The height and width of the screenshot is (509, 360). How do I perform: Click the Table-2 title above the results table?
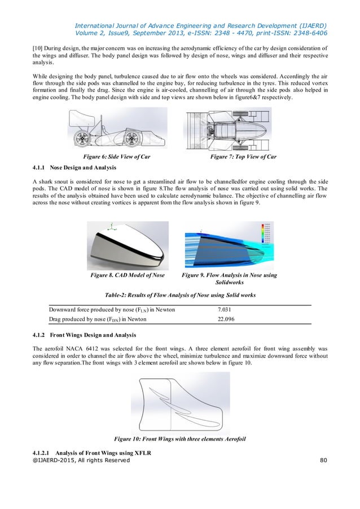(x=180, y=295)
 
